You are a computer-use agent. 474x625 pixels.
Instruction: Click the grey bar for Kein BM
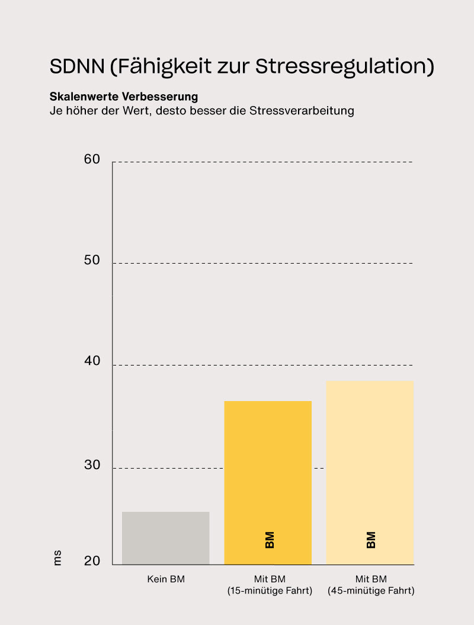point(165,538)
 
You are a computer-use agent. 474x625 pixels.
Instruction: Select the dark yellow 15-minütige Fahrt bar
point(268,482)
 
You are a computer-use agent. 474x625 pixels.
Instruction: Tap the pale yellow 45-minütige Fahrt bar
point(370,472)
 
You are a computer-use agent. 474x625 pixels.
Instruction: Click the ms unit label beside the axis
point(57,557)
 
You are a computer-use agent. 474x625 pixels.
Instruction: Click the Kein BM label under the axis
point(166,579)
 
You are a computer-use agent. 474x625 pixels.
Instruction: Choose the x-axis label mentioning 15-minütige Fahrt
point(270,585)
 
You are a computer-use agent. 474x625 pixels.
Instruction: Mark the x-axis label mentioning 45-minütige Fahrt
point(371,585)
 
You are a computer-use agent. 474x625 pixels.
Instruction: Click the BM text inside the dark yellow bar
point(270,540)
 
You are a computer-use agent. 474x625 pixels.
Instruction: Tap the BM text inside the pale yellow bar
point(371,540)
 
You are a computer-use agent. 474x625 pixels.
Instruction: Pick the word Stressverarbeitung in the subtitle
point(302,111)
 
